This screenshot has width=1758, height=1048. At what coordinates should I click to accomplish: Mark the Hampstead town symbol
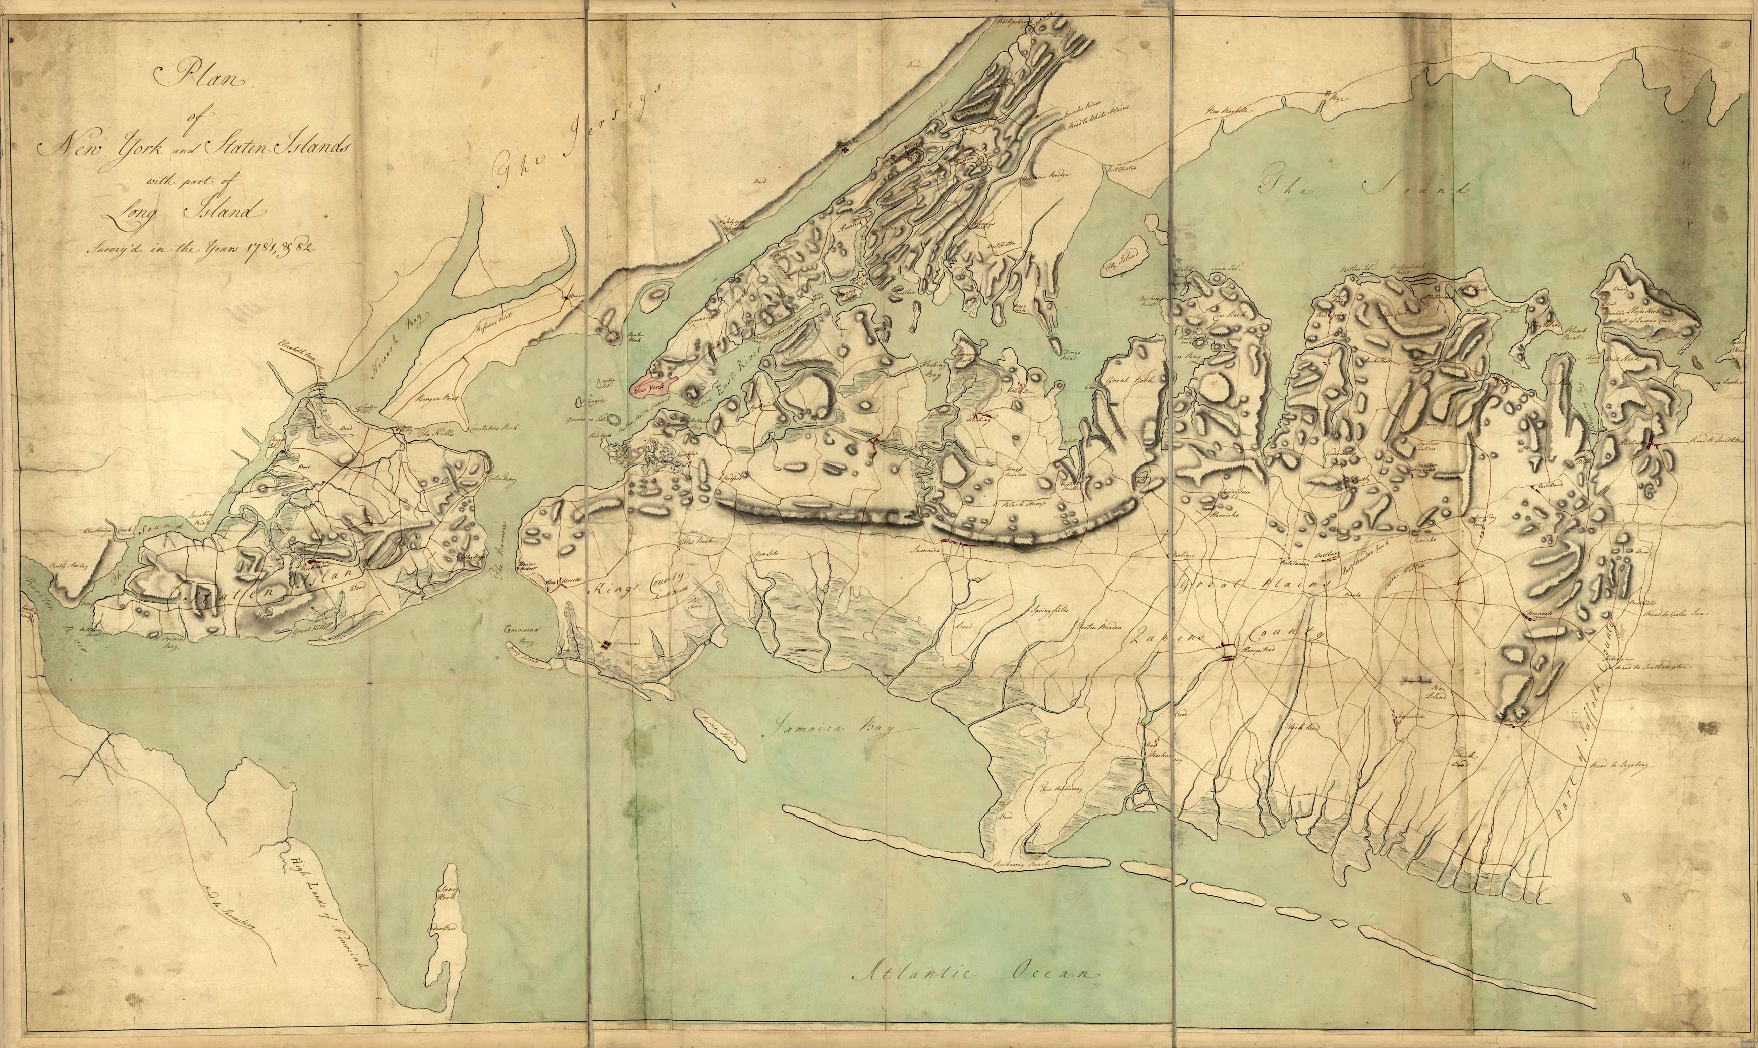coord(1228,651)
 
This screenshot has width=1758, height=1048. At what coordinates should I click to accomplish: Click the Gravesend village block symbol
coord(607,644)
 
